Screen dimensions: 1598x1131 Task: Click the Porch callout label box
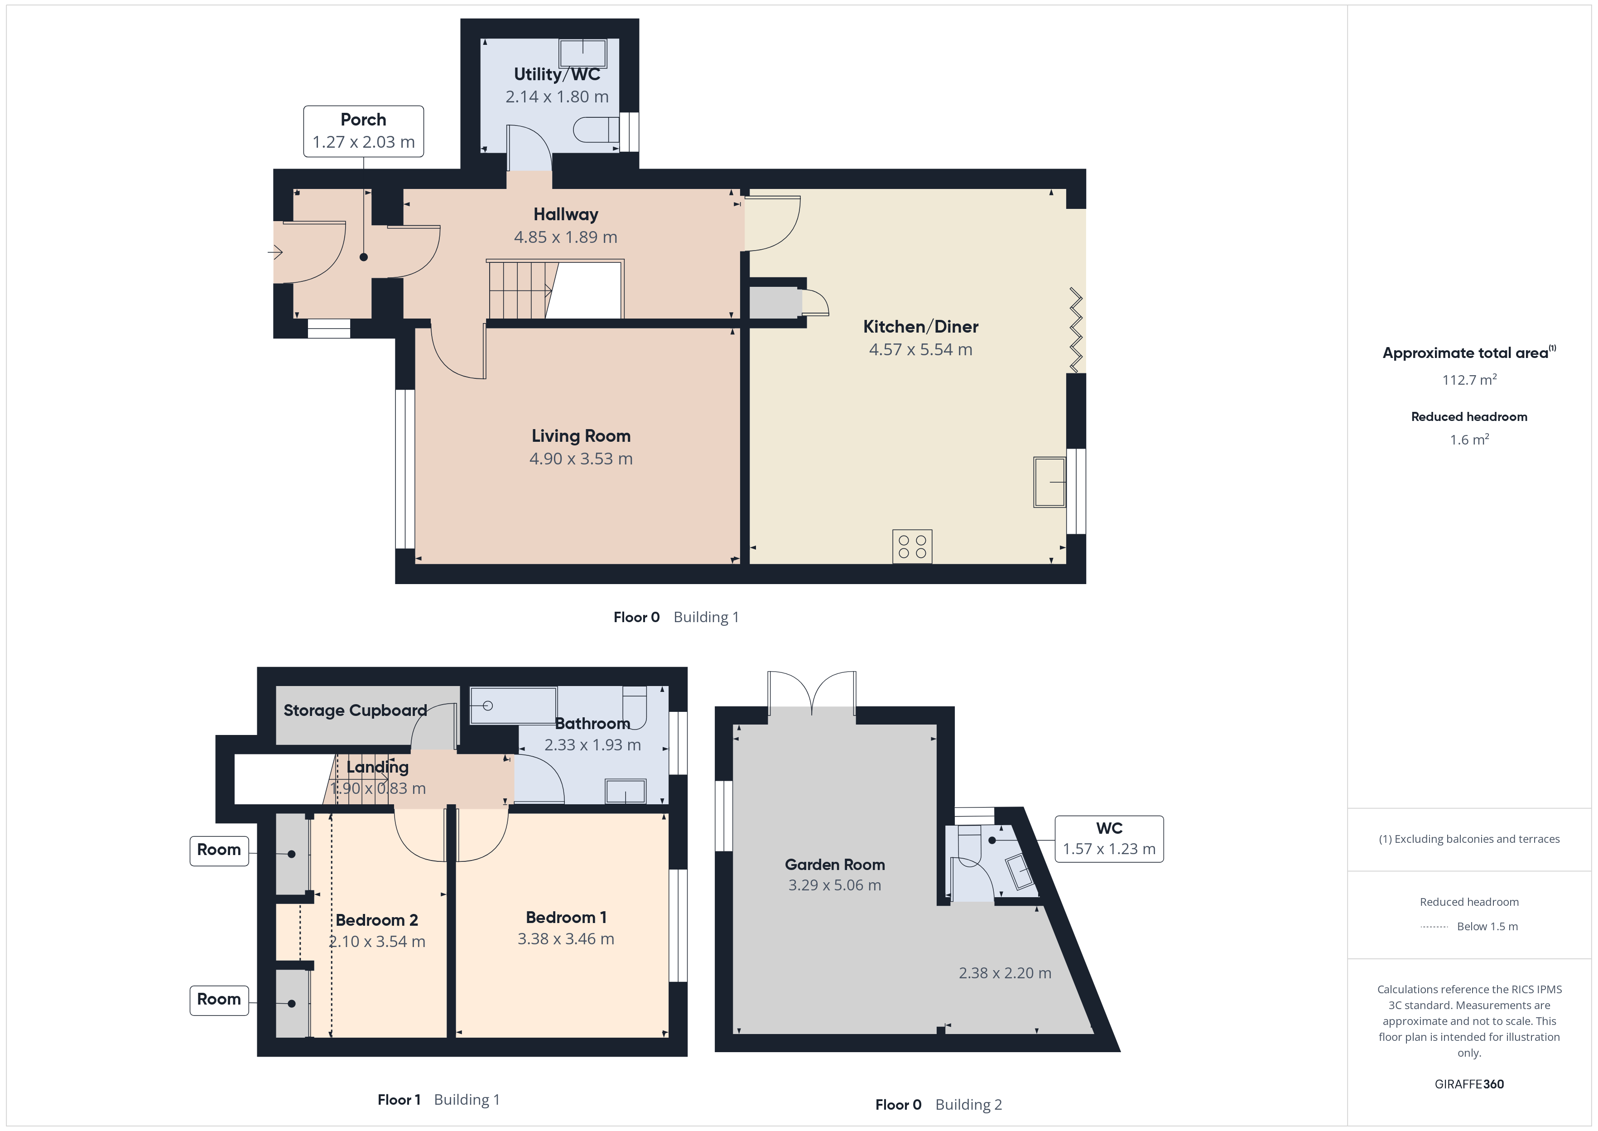[x=363, y=131]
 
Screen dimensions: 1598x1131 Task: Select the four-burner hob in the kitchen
[x=912, y=547]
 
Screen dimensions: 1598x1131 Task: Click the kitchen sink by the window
[x=1049, y=482]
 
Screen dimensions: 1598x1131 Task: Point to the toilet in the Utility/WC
[x=596, y=130]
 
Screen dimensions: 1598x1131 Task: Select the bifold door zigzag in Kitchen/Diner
[x=1076, y=331]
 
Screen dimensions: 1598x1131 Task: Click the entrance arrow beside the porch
[x=275, y=252]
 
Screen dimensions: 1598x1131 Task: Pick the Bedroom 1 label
[x=566, y=917]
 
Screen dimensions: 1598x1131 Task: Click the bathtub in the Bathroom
[x=514, y=706]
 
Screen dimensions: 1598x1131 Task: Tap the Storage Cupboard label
[x=355, y=710]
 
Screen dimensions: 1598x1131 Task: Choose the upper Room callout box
[x=219, y=851]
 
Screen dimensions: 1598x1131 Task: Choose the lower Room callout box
[x=219, y=1000]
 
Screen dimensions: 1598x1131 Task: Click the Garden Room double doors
[x=812, y=693]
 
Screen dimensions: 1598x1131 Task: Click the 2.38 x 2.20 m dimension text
[x=1005, y=973]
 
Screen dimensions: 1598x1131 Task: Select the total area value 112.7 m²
[x=1469, y=380]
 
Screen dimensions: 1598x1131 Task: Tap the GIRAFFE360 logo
[x=1469, y=1084]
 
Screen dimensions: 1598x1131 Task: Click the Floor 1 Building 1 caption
[x=438, y=1100]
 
